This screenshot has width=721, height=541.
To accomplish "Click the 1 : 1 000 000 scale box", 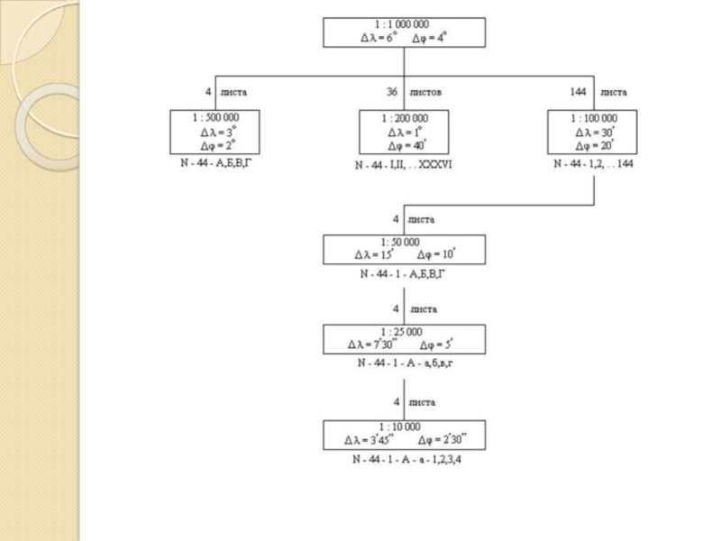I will coord(404,32).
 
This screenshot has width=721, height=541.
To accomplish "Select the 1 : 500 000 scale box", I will coord(214,133).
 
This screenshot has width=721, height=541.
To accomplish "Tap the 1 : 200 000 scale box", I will coord(404,133).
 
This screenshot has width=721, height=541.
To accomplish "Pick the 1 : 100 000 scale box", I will coord(593,133).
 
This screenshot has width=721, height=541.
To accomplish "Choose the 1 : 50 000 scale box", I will coord(404,249).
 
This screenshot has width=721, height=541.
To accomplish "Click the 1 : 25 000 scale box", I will coord(404,338).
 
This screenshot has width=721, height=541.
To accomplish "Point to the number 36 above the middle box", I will coord(392,92).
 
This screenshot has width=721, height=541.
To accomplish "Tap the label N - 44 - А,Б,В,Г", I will coord(214,166).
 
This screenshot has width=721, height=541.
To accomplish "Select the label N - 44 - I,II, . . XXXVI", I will coord(404,167).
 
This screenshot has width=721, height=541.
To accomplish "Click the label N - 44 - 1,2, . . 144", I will coord(593,166).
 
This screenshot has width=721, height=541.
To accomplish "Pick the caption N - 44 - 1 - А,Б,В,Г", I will coord(404,272).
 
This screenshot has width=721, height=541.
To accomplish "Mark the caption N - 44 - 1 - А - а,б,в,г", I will coord(404,363).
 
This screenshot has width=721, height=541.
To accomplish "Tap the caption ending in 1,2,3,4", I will coord(404,459).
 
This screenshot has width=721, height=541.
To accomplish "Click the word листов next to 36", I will coord(424,92).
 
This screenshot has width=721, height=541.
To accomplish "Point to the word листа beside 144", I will coord(614,92).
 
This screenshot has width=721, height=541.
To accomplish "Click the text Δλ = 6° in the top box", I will coord(379,38).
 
